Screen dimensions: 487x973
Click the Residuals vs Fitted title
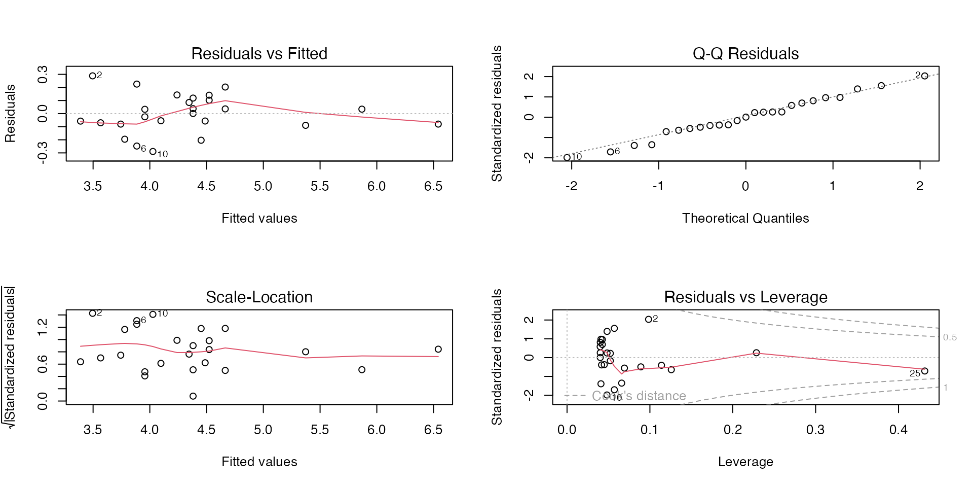tap(259, 53)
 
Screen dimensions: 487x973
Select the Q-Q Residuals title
tap(745, 53)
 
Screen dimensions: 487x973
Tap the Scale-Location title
tap(259, 297)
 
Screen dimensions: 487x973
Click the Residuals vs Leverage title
tap(745, 297)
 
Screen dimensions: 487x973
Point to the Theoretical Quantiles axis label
tap(745, 218)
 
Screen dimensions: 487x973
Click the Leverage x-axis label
tap(745, 462)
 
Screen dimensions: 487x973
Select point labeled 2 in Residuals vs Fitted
tap(93, 76)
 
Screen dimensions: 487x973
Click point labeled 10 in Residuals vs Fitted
tap(153, 152)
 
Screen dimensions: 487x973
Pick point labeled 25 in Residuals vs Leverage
tap(925, 371)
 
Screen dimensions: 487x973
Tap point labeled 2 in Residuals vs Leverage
tap(649, 320)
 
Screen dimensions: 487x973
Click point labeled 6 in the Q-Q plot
tap(611, 152)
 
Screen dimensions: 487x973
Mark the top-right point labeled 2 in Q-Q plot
tap(925, 76)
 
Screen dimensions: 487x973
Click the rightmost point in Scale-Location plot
tap(438, 349)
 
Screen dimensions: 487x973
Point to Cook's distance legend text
tap(639, 396)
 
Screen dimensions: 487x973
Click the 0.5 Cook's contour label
tap(950, 337)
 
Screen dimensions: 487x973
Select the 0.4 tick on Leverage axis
tap(899, 430)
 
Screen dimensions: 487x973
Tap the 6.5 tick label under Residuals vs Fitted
tap(433, 186)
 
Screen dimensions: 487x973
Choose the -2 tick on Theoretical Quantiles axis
tap(571, 186)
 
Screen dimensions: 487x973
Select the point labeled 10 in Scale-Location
tap(153, 315)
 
